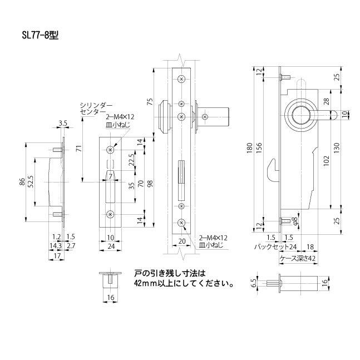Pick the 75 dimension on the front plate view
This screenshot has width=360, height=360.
coord(150,102)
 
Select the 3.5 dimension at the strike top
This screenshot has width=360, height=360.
coord(62,123)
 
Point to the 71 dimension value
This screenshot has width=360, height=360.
coord(78,149)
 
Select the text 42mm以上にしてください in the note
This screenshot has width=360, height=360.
coord(183,283)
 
